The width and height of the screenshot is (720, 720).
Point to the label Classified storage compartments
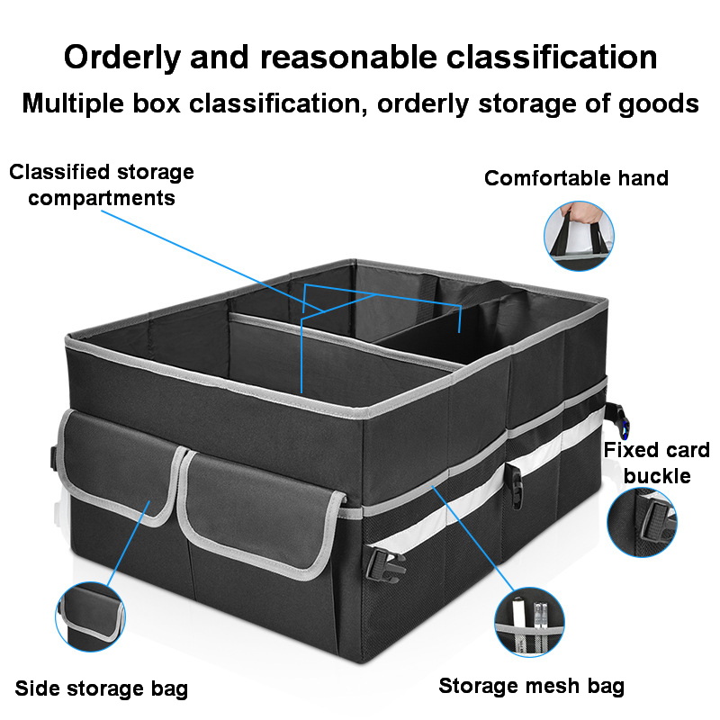(102, 184)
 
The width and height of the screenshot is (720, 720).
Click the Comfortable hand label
(576, 178)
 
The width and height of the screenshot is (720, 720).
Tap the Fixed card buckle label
(657, 463)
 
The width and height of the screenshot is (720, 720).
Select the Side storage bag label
(102, 689)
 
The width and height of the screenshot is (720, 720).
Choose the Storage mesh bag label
(531, 687)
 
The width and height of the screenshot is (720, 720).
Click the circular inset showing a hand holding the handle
(579, 235)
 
